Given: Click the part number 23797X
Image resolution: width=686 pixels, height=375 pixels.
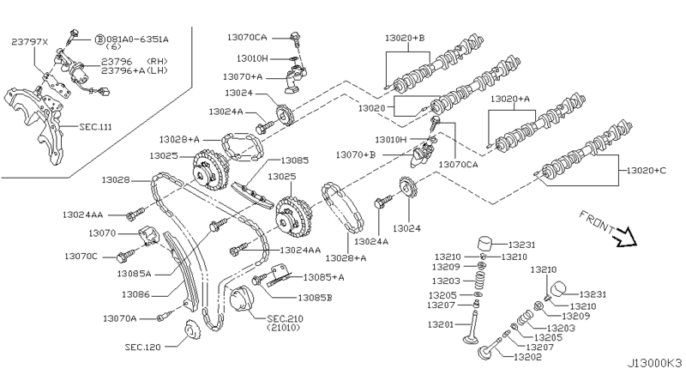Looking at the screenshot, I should click(x=30, y=40).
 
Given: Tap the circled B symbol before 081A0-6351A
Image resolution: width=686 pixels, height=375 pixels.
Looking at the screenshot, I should click(x=99, y=39).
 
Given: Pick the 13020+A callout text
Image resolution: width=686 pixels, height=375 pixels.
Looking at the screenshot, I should click(x=513, y=99).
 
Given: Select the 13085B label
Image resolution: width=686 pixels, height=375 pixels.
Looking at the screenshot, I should click(x=316, y=297).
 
